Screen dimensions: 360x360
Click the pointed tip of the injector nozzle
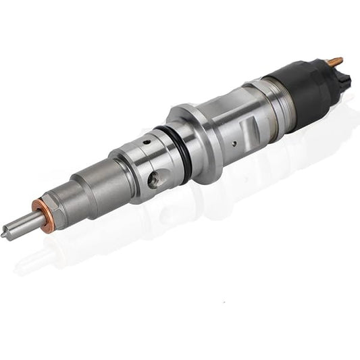click(4, 234)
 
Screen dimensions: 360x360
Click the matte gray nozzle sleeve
click(91, 186)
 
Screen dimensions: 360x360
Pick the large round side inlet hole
click(155, 179)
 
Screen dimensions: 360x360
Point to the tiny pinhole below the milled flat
click(234, 143)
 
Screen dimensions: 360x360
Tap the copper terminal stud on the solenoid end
click(336, 61)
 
